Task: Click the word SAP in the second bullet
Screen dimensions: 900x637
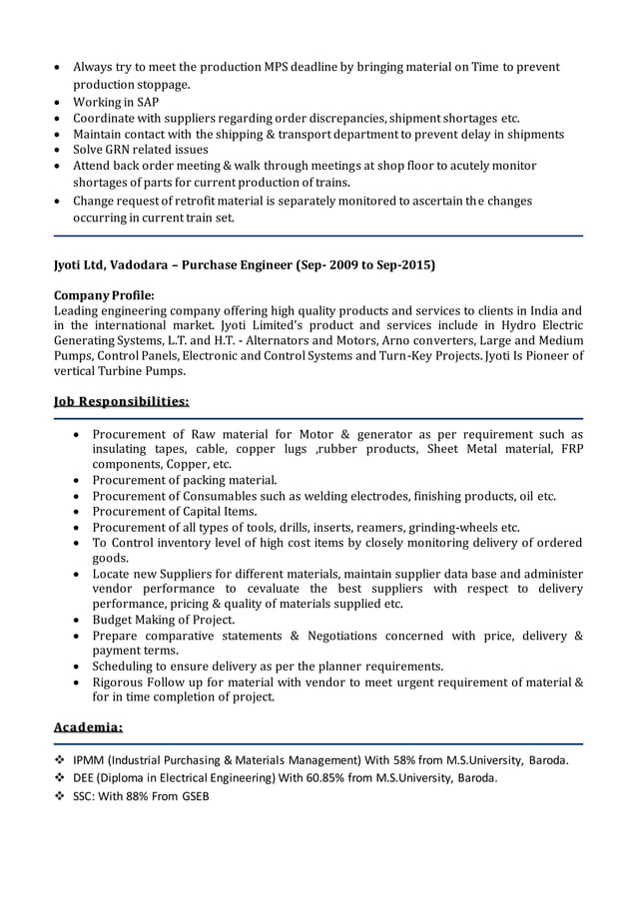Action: click(146, 102)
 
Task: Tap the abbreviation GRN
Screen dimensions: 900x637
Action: click(118, 150)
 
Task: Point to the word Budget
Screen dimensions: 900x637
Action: click(114, 620)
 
